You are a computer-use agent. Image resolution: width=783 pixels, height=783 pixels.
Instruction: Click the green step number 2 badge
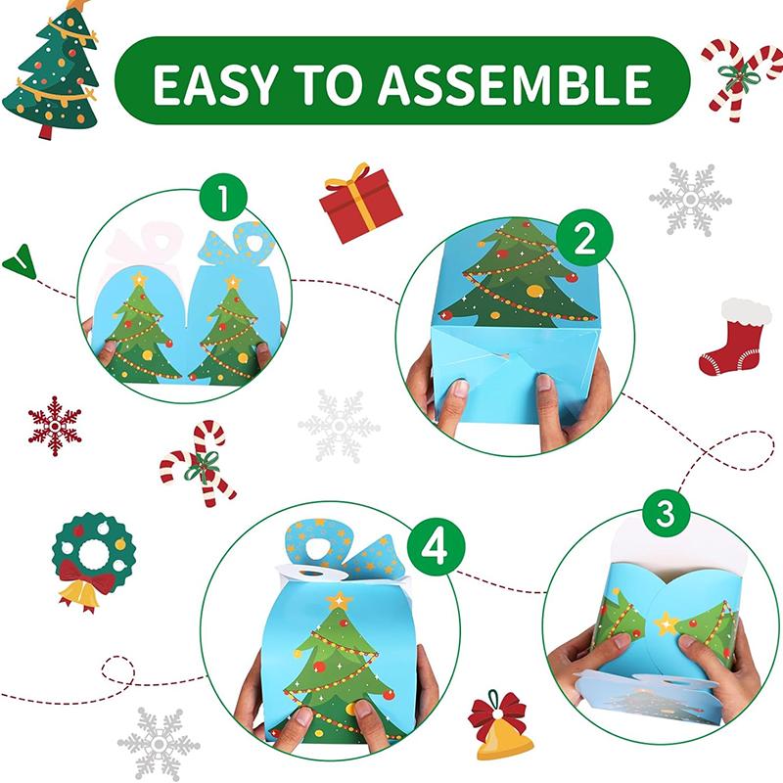click(584, 240)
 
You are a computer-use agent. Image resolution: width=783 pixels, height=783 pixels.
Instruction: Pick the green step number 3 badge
click(667, 514)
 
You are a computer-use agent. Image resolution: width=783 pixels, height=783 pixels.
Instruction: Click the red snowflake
click(55, 426)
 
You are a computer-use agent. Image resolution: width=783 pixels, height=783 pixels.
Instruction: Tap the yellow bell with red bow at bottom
click(499, 729)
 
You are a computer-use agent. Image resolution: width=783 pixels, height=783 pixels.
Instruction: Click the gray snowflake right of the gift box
click(690, 200)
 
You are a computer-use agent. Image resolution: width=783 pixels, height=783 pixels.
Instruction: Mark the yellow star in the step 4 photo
click(339, 599)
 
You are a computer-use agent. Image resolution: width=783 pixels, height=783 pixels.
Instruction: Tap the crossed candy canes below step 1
click(199, 463)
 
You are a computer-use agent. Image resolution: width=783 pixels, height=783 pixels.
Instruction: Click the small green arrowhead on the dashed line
click(19, 261)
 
